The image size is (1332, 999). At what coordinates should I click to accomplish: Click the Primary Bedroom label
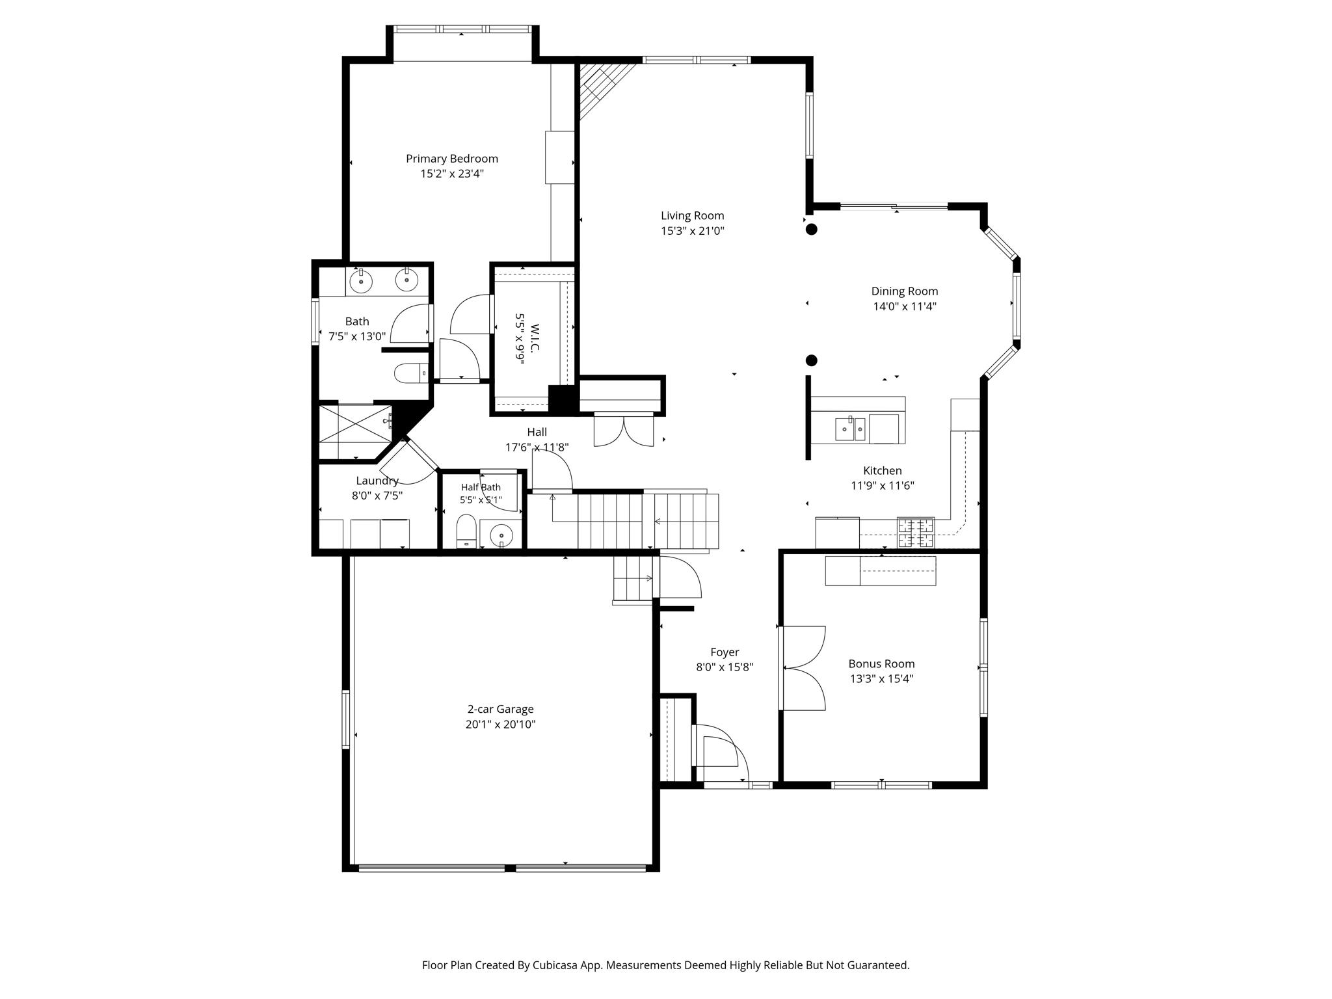pos(452,159)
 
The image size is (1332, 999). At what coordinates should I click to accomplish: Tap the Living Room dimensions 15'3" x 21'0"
pos(693,231)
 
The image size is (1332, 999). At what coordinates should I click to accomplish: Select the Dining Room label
pos(905,291)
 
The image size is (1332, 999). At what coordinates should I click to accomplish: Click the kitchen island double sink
pos(850,429)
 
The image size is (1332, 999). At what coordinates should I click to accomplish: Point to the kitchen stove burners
pos(916,532)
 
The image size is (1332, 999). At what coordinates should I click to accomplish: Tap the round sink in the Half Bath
pos(501,535)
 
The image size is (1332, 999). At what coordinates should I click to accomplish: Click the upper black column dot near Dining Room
pos(812,229)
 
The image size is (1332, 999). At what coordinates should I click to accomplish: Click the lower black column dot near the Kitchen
pos(812,360)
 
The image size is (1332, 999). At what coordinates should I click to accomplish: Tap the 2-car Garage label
pos(501,710)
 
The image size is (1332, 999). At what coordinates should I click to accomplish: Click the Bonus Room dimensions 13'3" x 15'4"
pos(882,679)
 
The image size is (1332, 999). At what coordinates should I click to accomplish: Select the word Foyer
pos(725,652)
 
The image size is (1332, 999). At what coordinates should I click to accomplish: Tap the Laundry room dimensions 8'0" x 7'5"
pos(377,496)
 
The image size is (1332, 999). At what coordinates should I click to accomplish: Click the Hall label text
pos(537,432)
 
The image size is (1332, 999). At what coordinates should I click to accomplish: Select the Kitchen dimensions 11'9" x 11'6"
pos(883,486)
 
